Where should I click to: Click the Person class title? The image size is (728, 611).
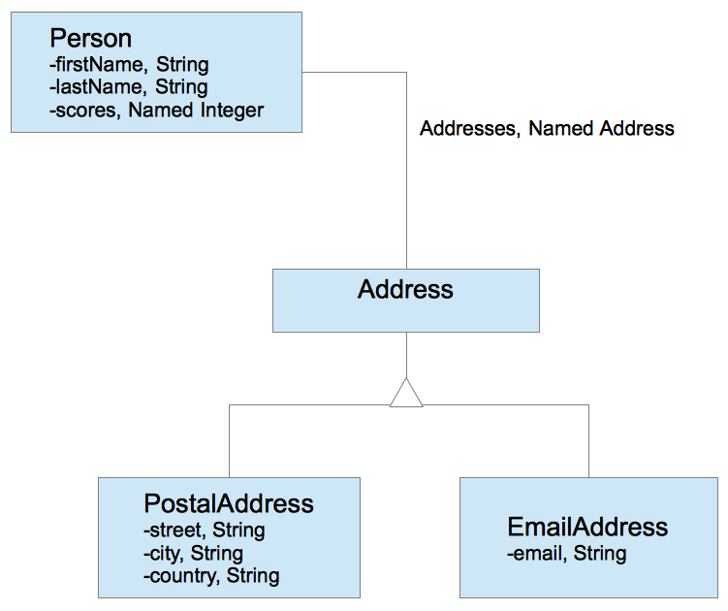pos(90,39)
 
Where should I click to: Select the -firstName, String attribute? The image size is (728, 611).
pos(129,65)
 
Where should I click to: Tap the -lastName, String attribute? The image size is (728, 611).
pos(128,87)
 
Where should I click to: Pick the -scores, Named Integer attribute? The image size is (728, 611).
pos(156,110)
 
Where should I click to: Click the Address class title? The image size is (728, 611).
pos(405,289)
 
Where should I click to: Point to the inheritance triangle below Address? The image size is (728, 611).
pos(406,394)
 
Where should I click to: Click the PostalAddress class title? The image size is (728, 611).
pos(229,503)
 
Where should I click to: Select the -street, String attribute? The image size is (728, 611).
pos(203,530)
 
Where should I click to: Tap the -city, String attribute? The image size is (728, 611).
pos(192,553)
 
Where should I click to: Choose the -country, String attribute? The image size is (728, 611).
pos(210,575)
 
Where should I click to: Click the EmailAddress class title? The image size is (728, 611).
pos(587,527)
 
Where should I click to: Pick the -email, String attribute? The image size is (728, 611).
pos(566,554)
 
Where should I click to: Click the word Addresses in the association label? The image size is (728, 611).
pos(468,128)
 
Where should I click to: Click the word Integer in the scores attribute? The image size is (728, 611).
pos(232,110)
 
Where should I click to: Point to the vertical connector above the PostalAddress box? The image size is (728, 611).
pos(229,440)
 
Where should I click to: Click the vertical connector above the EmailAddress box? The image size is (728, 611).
pos(588,440)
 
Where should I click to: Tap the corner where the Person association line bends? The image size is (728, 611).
pos(406,72)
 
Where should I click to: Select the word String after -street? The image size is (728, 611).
pos(238,530)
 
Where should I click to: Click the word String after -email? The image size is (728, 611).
pos(600,554)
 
